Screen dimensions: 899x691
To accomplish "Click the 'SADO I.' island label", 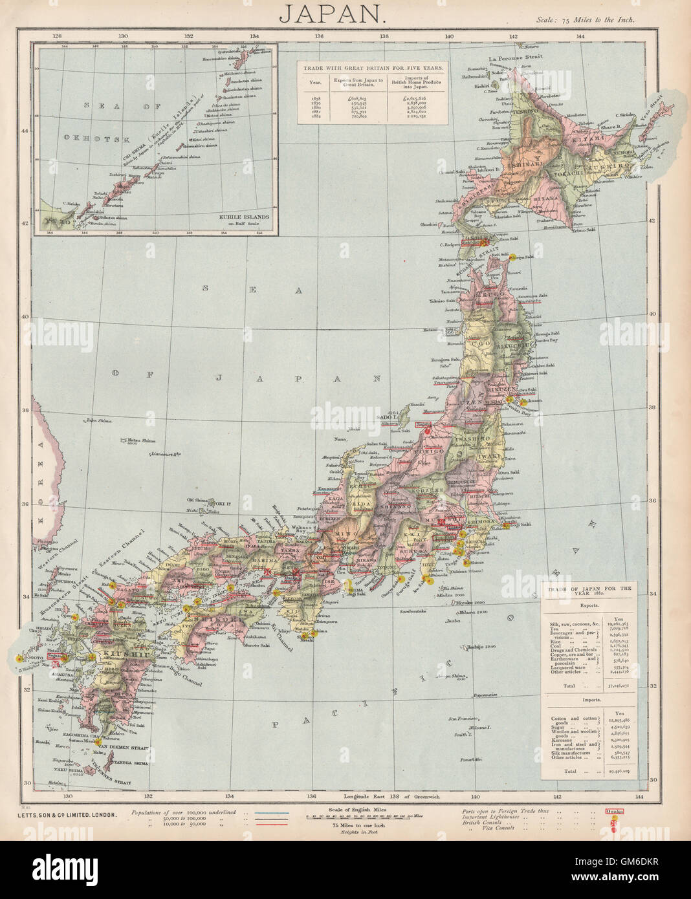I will (x=385, y=419).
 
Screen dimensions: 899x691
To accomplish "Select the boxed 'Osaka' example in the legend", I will (x=615, y=811).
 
